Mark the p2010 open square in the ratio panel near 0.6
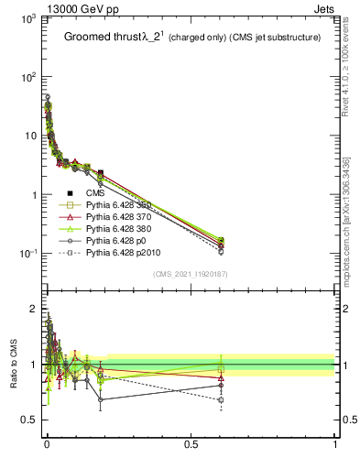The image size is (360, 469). tap(221, 400)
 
